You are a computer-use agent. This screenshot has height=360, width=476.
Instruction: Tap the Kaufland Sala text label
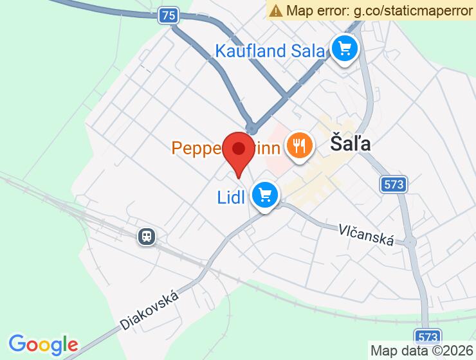coord(270,50)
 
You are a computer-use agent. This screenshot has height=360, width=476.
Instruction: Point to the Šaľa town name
coord(351,144)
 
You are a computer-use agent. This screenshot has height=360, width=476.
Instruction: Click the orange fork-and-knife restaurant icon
coord(298,145)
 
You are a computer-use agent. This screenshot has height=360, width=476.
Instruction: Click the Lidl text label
coord(232,197)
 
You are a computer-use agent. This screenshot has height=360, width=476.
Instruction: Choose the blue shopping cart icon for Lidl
coord(264,194)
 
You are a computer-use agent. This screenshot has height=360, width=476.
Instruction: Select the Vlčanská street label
coord(367,235)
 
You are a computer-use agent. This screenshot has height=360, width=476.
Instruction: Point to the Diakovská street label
coord(149,309)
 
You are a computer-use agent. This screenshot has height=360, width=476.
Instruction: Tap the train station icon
coord(147,237)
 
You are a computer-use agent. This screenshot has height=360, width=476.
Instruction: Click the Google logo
coord(43,344)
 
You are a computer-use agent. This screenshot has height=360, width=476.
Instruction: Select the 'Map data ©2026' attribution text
coord(421,351)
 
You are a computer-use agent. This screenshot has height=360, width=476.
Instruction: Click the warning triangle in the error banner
coord(276,10)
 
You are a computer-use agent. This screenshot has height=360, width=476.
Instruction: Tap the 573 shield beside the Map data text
coord(428,336)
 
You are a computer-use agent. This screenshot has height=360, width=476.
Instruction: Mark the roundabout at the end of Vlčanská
coord(410,242)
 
